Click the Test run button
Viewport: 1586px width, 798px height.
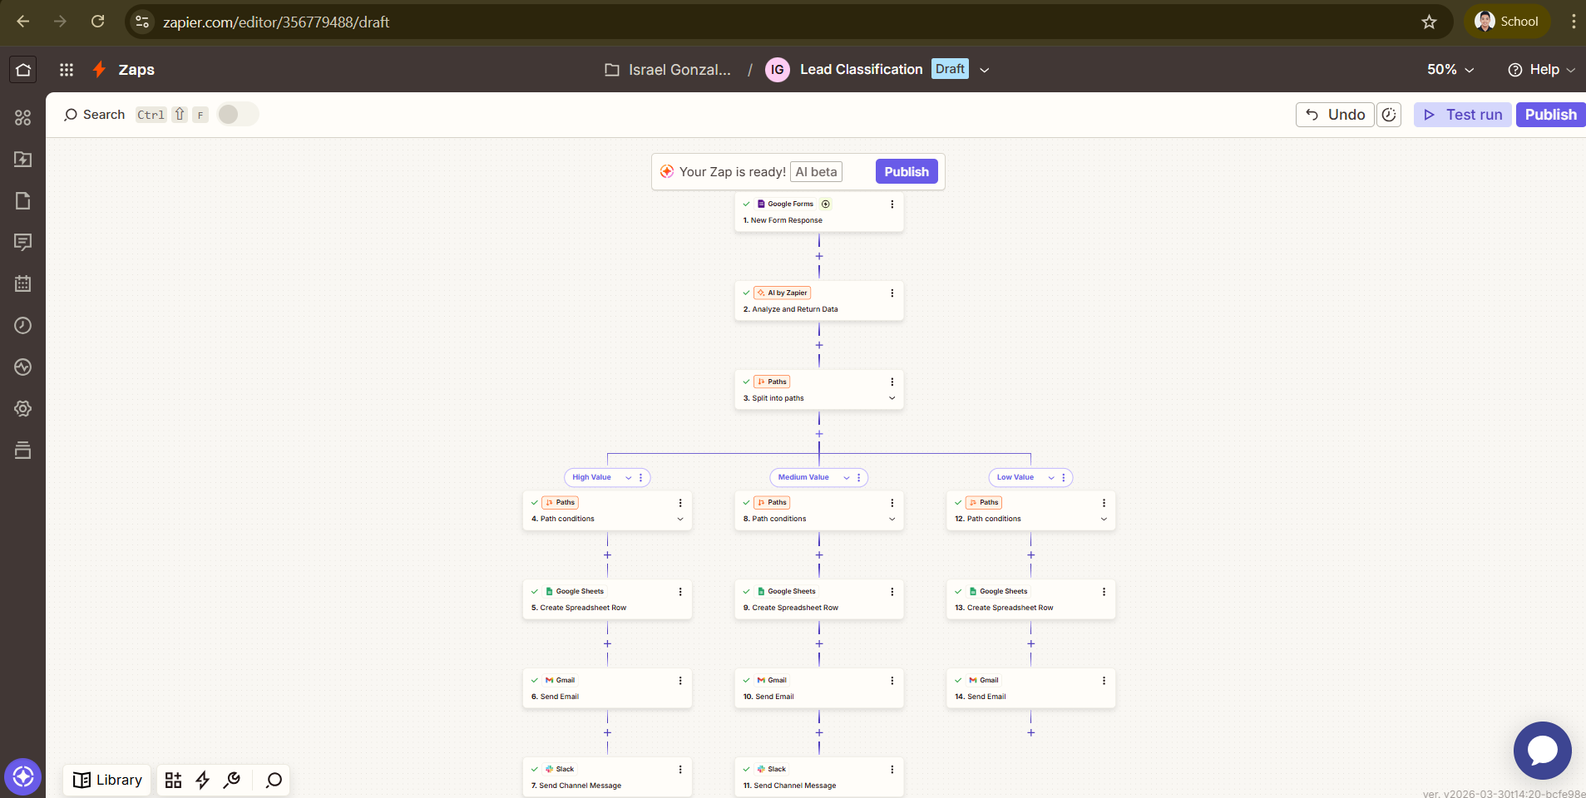(x=1463, y=115)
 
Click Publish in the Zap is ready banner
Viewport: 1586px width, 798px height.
(x=906, y=172)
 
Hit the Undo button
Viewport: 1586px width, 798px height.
(x=1335, y=115)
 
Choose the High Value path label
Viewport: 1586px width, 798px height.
(x=592, y=478)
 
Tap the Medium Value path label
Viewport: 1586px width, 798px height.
(x=803, y=478)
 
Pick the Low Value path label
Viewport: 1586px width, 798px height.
(x=1015, y=478)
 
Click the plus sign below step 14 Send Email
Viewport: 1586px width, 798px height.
(x=1031, y=733)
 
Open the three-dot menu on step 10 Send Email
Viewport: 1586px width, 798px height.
(x=892, y=681)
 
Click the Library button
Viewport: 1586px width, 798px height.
(x=107, y=781)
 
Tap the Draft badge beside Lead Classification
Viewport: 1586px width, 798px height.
(x=950, y=70)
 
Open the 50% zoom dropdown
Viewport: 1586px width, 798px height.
(x=1450, y=70)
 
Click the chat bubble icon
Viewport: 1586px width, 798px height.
(x=1542, y=751)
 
